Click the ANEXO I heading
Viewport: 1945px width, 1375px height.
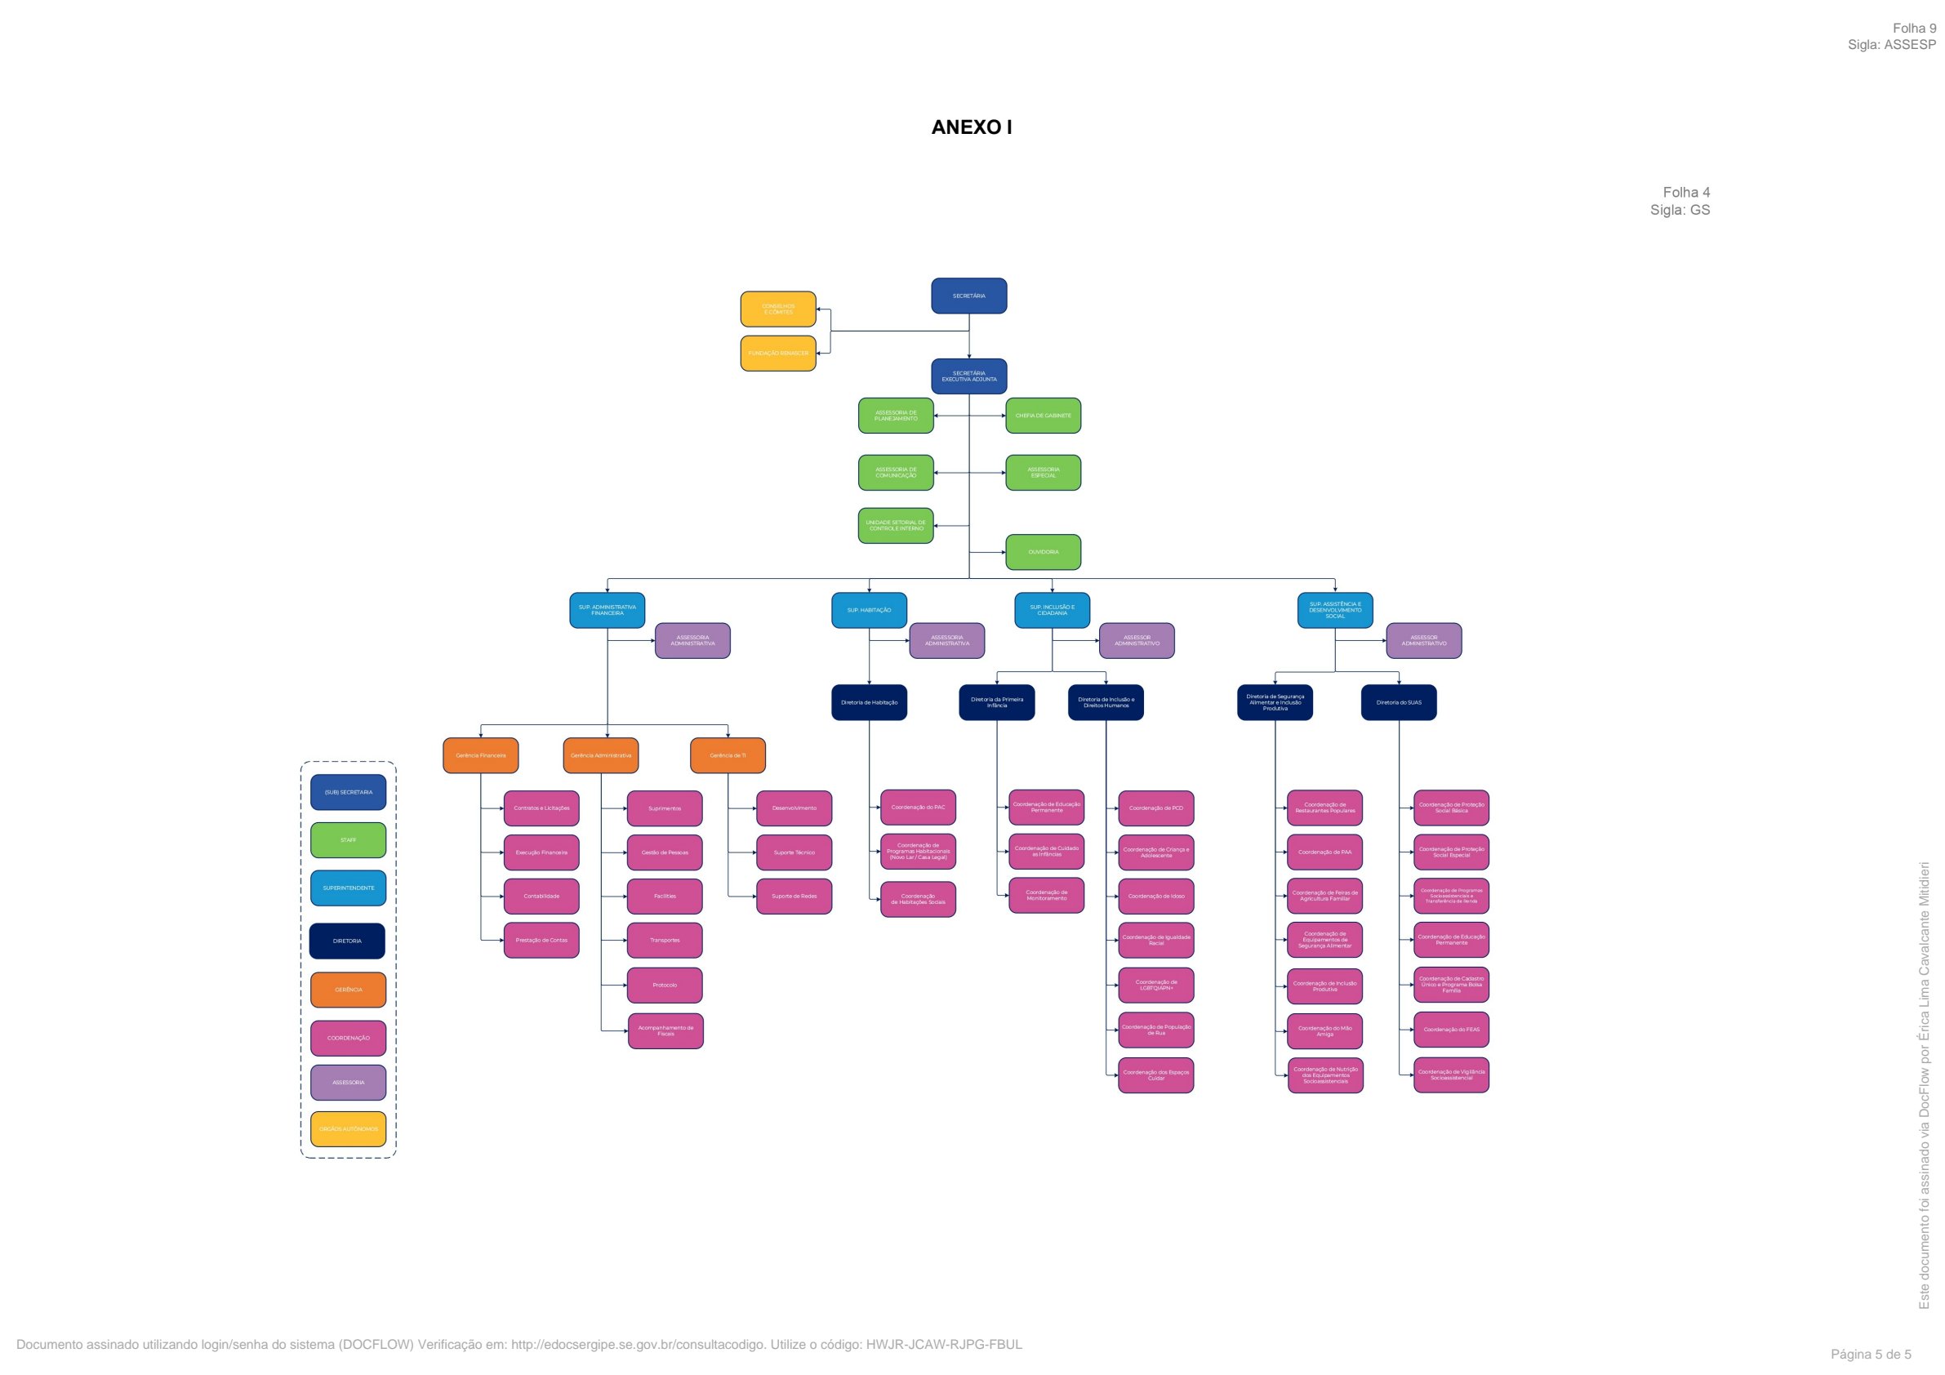pos(972,127)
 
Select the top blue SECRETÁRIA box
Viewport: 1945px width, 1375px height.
pos(968,296)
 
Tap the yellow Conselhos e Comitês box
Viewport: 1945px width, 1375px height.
pos(777,309)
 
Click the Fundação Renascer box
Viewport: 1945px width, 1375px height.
pos(777,354)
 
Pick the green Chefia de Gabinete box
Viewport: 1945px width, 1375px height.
pos(1043,415)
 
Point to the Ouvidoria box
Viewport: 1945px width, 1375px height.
pos(1043,551)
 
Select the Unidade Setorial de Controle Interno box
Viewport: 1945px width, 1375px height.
pos(896,525)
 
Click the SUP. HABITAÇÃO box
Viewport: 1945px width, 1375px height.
pos(868,610)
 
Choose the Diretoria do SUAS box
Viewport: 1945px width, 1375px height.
pos(1399,702)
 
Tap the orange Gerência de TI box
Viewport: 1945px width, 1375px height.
pos(728,754)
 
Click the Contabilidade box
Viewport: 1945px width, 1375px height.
pos(541,896)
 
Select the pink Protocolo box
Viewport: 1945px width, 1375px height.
pos(665,986)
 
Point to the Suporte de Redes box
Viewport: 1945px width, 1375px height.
pos(794,896)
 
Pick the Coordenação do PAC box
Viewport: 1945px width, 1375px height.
pos(918,808)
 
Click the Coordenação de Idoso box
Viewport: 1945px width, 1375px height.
pos(1155,896)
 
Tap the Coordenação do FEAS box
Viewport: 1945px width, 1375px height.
pos(1451,1030)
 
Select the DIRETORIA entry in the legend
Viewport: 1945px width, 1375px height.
pos(347,941)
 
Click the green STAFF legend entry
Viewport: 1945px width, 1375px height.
pos(348,839)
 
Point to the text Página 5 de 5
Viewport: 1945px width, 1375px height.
pos(1871,1354)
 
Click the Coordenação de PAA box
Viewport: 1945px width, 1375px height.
pos(1325,852)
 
